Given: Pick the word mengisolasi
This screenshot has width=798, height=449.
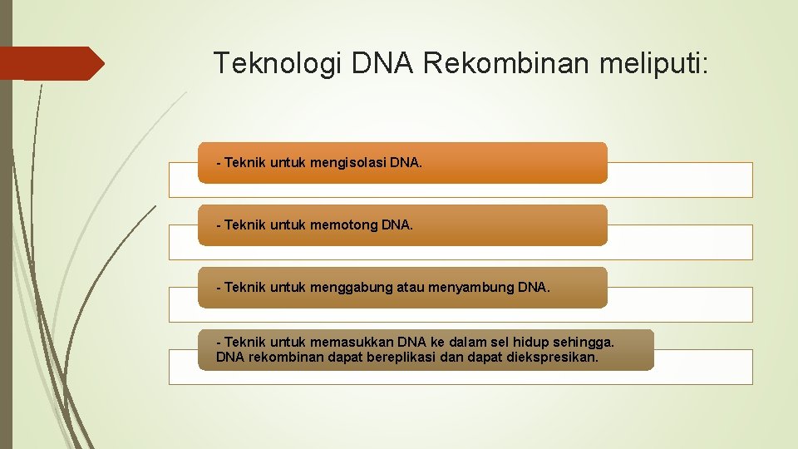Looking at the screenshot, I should pyautogui.click(x=348, y=163).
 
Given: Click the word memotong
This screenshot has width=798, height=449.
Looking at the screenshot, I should pyautogui.click(x=341, y=225).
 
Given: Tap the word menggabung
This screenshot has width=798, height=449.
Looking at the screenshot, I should pyautogui.click(x=350, y=288).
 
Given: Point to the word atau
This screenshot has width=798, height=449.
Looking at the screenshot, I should pyautogui.click(x=410, y=288).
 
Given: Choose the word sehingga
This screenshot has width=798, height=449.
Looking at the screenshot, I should pyautogui.click(x=587, y=342).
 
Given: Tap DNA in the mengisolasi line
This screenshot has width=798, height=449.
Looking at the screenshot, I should pyautogui.click(x=405, y=163).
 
